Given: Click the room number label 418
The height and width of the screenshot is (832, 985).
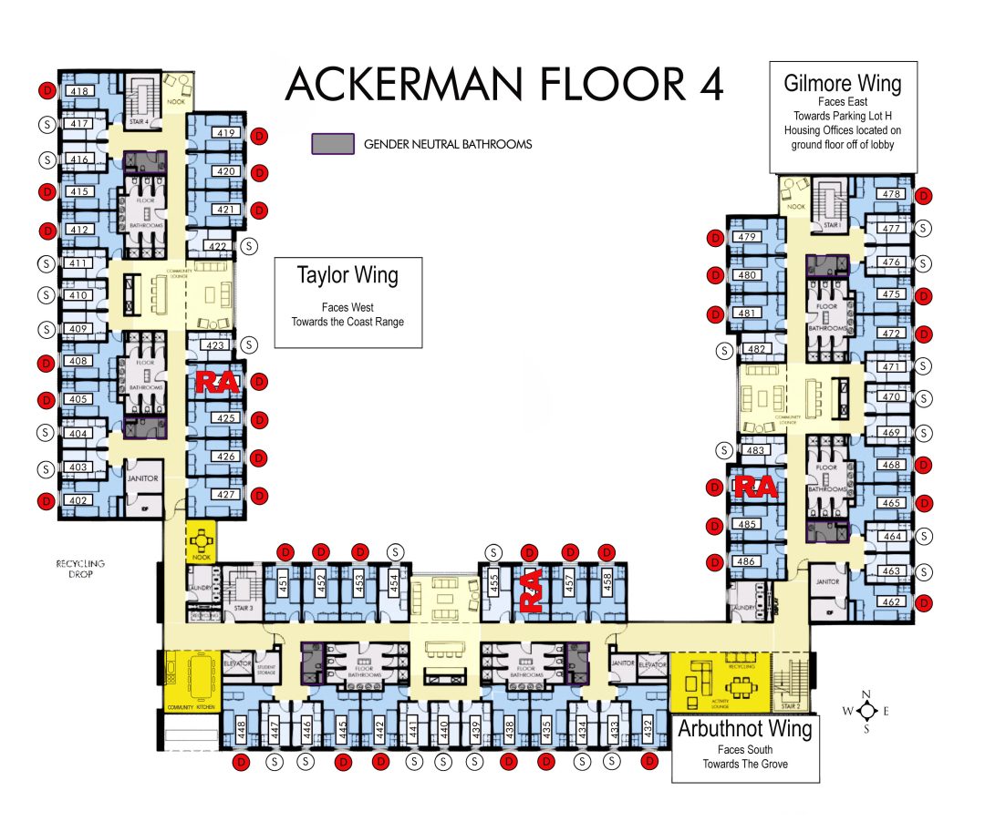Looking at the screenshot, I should pyautogui.click(x=79, y=90).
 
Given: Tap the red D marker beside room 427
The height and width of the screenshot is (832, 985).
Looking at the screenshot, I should pyautogui.click(x=259, y=496).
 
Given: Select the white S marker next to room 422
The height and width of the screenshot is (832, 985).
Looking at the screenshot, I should pyautogui.click(x=251, y=245).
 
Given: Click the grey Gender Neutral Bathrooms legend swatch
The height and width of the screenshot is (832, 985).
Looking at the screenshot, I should pyautogui.click(x=333, y=144).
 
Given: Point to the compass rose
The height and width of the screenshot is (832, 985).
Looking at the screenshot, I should pyautogui.click(x=867, y=711).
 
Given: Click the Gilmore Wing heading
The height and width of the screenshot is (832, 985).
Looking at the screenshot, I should pyautogui.click(x=842, y=84).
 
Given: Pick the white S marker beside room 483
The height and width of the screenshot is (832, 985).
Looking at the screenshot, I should pyautogui.click(x=724, y=450).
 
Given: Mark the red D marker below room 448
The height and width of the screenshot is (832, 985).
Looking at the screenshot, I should pyautogui.click(x=243, y=761).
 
